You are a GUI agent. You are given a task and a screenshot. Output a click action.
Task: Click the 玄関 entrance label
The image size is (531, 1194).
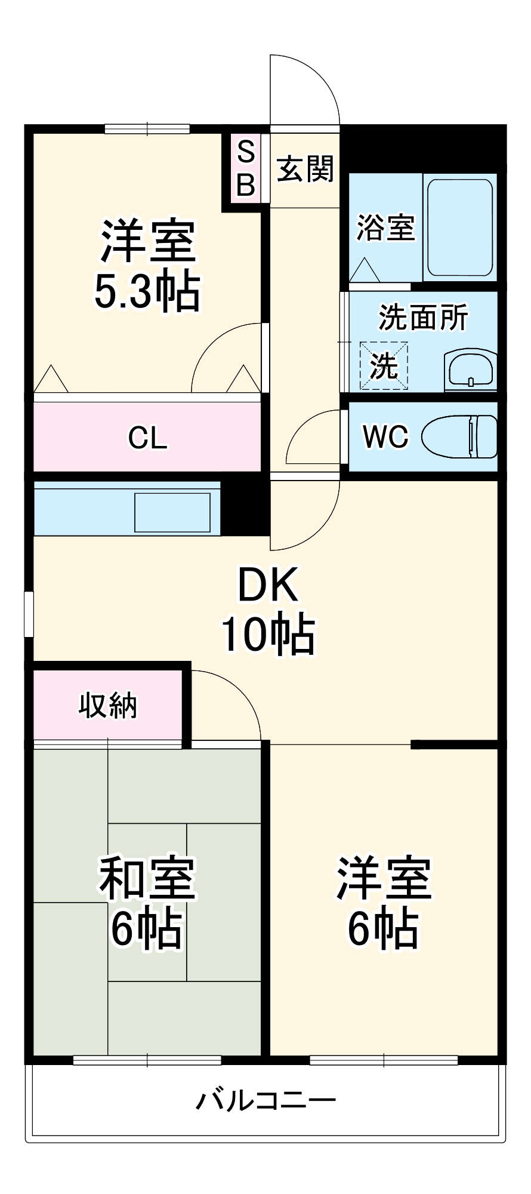[305, 170]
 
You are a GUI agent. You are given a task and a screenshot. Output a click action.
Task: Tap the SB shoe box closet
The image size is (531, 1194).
[246, 168]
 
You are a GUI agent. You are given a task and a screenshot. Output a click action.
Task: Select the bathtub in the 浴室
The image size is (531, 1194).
[459, 227]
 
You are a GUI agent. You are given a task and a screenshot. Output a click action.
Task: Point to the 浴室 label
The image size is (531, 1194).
[385, 227]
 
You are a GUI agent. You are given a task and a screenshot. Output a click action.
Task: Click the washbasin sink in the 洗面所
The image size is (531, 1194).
[471, 370]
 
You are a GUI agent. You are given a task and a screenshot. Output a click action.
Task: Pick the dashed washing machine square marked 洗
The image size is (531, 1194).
[384, 365]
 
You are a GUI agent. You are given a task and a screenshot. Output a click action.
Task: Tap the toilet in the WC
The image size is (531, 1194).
[459, 436]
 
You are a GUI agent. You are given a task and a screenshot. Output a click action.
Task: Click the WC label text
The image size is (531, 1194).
[385, 437]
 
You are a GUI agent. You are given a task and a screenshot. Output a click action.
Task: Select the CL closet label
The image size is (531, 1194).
[147, 438]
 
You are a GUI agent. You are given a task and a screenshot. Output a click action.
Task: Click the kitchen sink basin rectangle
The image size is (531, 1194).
[172, 512]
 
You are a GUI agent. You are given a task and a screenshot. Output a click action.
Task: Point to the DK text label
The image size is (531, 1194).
[268, 586]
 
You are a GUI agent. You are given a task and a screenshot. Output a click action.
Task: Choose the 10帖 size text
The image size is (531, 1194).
[268, 634]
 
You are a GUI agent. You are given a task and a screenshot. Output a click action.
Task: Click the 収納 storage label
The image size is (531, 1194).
[108, 706]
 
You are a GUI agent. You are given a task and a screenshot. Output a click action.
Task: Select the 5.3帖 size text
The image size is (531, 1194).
[147, 292]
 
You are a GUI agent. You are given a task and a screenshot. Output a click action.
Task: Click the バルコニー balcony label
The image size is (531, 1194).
[266, 1100]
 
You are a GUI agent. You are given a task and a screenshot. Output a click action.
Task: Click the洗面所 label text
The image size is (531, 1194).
[423, 317]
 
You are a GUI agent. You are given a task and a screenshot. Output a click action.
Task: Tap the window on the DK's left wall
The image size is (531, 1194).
[29, 614]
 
